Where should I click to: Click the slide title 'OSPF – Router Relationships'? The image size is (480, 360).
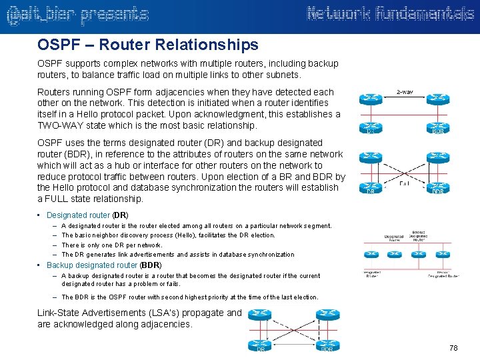pos(148,45)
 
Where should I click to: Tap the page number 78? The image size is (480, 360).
pos(454,348)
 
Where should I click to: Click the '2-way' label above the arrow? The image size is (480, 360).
pos(404,91)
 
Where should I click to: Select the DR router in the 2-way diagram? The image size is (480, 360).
pos(371,126)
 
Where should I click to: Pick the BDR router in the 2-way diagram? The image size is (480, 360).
pos(438,126)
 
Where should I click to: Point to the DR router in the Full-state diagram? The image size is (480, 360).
pos(371,187)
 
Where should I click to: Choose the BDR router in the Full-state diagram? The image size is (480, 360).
pos(438,187)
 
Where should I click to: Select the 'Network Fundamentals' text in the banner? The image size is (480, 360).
pos(389,14)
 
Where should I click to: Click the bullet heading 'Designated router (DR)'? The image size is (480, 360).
pos(87,215)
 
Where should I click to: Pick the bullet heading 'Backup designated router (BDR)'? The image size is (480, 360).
pos(104,265)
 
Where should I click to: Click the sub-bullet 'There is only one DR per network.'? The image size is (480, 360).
pos(112,245)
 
